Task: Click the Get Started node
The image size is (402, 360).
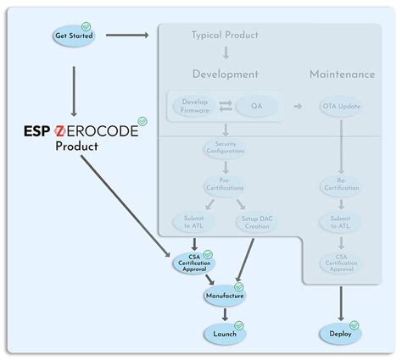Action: tap(73, 36)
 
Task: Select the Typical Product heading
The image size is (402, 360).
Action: tap(225, 35)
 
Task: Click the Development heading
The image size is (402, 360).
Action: tap(225, 74)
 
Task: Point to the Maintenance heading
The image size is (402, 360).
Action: tap(342, 74)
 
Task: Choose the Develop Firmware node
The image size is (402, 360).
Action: tap(194, 106)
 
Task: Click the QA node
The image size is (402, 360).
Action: tap(250, 106)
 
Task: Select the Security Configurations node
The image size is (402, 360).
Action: tap(225, 148)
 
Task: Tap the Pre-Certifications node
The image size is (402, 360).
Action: tap(225, 184)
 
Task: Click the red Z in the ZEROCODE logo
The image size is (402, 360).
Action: tap(60, 130)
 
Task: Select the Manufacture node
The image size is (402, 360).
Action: tap(225, 296)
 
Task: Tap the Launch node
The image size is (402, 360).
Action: tap(225, 333)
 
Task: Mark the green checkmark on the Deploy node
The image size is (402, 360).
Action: tap(354, 324)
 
